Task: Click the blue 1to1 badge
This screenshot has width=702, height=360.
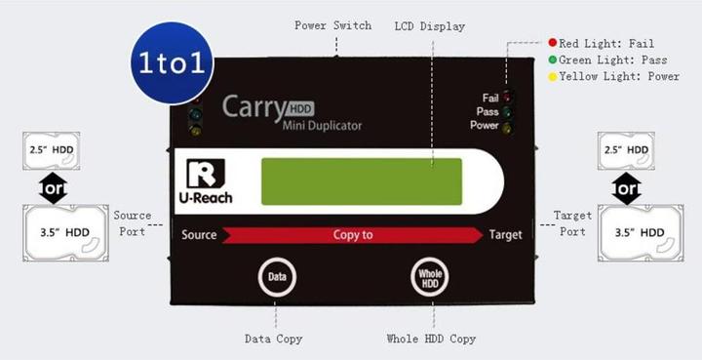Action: [x=172, y=63]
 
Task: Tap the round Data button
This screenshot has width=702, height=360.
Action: [x=276, y=277]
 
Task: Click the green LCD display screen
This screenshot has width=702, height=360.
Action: [x=361, y=181]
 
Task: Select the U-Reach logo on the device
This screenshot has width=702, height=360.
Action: [x=206, y=182]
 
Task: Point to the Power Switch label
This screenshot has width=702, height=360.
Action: [x=332, y=25]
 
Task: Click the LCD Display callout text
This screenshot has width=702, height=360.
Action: [x=429, y=26]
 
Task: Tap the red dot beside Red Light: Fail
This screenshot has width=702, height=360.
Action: [x=552, y=44]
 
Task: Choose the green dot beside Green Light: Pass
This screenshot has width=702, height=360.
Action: [x=552, y=60]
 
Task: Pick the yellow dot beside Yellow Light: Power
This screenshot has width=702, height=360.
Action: [x=552, y=77]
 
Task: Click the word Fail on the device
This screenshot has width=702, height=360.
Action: [x=490, y=98]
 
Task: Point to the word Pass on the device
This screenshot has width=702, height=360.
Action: [x=488, y=111]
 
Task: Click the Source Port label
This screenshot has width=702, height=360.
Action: [x=131, y=222]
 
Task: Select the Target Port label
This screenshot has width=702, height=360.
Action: [x=572, y=222]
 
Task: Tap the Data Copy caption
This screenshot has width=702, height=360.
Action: [x=273, y=340]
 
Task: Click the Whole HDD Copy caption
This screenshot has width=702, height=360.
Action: [x=431, y=340]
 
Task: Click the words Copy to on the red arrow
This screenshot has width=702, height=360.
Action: [x=353, y=235]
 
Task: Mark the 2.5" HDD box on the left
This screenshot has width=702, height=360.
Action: [x=50, y=150]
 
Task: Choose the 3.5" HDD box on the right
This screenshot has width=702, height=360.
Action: [x=641, y=232]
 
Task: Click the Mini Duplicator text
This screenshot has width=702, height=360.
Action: [x=322, y=126]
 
